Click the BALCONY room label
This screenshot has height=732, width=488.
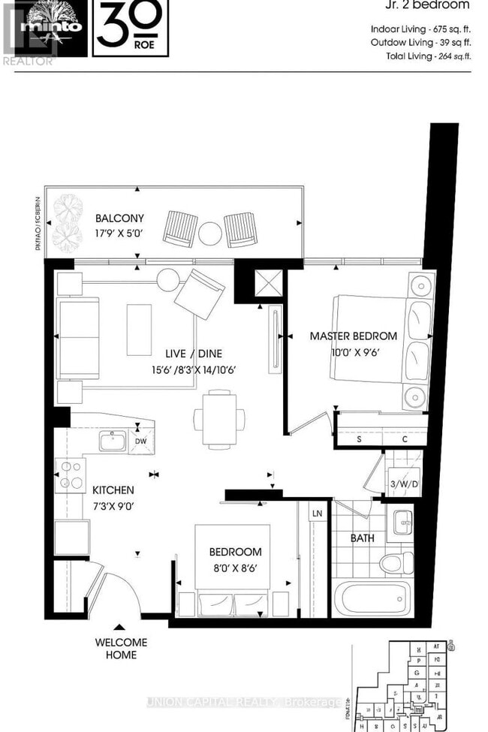[x=117, y=218]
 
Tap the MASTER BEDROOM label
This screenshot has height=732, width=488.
[x=354, y=336]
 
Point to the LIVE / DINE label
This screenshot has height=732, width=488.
[x=194, y=353]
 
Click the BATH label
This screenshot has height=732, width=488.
[x=363, y=538]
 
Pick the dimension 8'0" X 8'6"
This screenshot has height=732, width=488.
[x=236, y=568]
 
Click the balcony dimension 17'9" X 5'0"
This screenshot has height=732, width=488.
[x=118, y=233]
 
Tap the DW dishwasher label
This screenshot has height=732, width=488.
[x=140, y=441]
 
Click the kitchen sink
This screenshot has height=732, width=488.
[x=113, y=441]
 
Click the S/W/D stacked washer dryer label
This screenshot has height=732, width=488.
[x=402, y=483]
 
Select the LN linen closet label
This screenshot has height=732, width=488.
[x=317, y=513]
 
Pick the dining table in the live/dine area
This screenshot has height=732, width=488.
[x=218, y=417]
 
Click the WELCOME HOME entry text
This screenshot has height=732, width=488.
[x=121, y=648]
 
